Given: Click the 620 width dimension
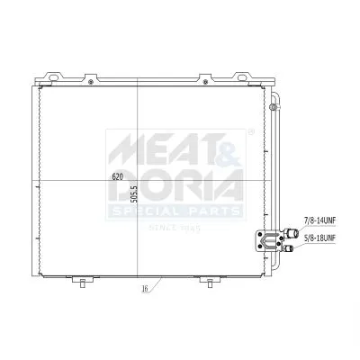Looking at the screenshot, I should pos(117,176).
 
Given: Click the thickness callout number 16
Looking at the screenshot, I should pos(144,291).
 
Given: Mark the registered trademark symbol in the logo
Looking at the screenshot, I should pos(249,131).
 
